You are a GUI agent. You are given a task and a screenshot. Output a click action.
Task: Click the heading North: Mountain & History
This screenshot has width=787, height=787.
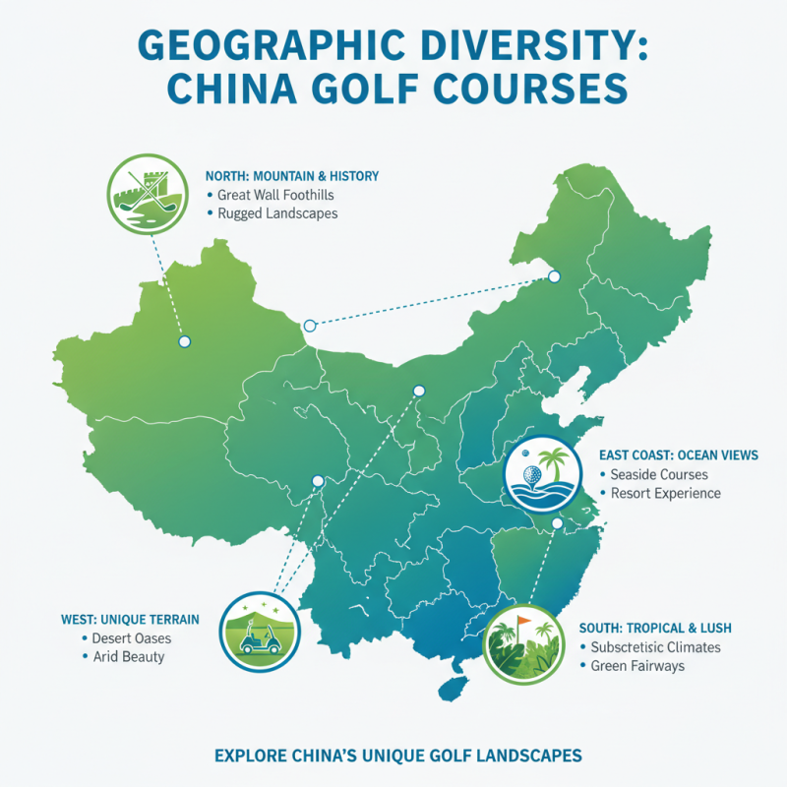click(x=291, y=175)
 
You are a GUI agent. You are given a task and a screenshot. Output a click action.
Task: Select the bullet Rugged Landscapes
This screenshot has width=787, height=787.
click(x=276, y=213)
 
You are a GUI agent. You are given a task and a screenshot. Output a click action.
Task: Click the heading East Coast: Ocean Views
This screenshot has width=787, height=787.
click(x=678, y=455)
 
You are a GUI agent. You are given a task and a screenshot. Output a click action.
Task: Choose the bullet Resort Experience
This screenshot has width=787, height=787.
click(x=666, y=493)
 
